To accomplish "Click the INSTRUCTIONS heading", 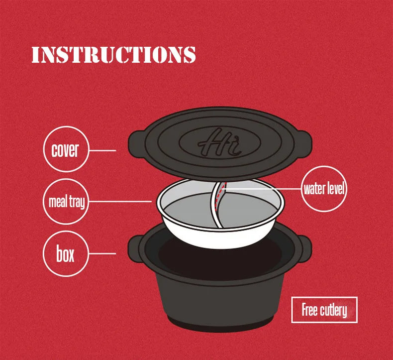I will (x=113, y=55).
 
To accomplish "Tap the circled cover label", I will (x=65, y=149).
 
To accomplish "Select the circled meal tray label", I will (x=67, y=202).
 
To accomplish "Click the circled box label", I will (x=65, y=253).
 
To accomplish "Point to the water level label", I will (x=324, y=189).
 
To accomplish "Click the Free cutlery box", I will (x=324, y=310).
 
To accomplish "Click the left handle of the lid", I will (x=135, y=142).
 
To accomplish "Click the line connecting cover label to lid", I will (x=102, y=150).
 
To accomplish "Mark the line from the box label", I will (x=102, y=253).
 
